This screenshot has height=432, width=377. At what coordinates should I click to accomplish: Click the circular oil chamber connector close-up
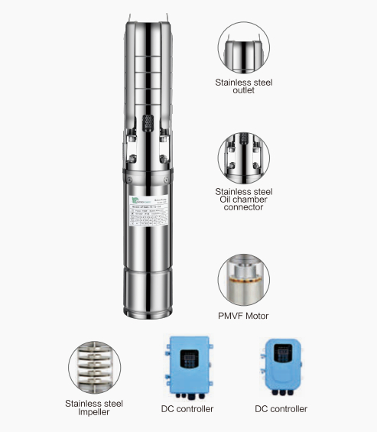[x=245, y=157]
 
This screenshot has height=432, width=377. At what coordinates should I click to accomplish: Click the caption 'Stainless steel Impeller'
[x=93, y=406]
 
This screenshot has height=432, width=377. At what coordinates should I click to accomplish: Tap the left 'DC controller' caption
[x=187, y=409]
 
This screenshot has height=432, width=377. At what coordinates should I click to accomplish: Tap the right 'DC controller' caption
[x=281, y=409]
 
